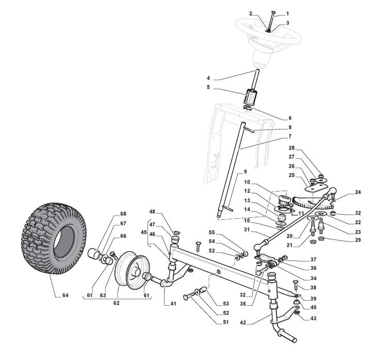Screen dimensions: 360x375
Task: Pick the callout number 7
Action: (x=290, y=136)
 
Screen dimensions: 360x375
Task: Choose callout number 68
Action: (x=123, y=214)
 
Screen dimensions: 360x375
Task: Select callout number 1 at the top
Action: (x=288, y=13)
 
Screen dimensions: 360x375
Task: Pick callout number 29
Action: (x=344, y=241)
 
